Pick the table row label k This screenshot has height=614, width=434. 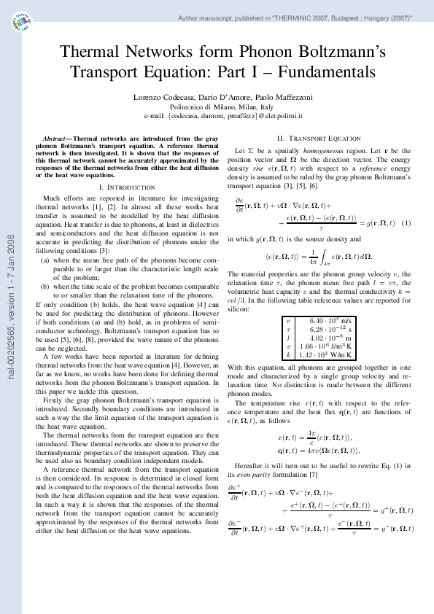[288, 354]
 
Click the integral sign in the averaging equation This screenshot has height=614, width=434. [326, 256]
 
